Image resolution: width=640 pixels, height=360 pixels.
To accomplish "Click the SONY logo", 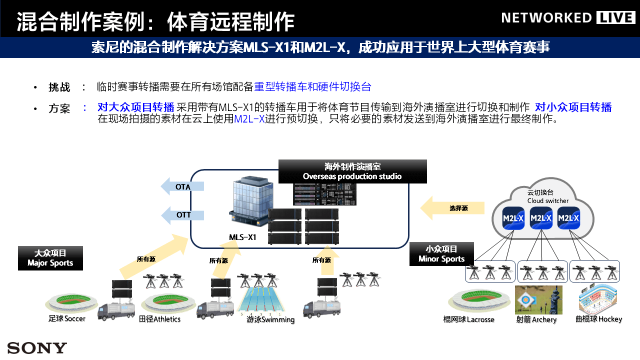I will point(37,348).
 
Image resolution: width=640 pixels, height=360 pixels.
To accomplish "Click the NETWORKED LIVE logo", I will point(568,18).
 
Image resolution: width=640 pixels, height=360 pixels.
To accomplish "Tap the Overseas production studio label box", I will point(352,171).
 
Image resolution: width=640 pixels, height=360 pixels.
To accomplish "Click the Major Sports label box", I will point(50,258).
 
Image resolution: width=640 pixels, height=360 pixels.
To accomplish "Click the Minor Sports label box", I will point(441,254).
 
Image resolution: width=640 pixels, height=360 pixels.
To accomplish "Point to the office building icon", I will point(247,202).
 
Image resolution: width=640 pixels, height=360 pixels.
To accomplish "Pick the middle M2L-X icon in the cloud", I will point(541,218).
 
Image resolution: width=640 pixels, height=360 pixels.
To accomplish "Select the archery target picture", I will point(538,300).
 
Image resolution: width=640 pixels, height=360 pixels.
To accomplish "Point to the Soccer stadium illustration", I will point(70,302).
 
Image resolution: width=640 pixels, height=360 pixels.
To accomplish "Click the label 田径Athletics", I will point(160,319).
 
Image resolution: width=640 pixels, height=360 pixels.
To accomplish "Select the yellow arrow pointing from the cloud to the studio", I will point(452,208).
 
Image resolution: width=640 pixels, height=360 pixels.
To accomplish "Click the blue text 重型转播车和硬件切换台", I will point(312,86).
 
